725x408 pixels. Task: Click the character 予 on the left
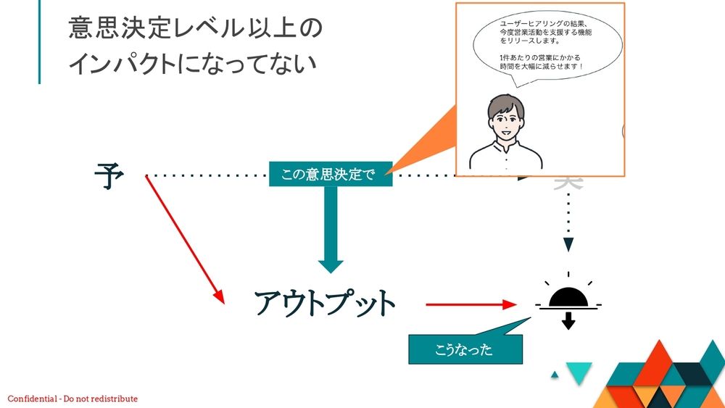tap(109, 176)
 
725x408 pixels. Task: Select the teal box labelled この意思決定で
tap(331, 174)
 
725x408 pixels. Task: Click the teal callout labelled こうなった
tap(464, 350)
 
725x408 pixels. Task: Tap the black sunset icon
tap(568, 298)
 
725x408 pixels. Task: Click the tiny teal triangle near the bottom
tap(555, 375)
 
